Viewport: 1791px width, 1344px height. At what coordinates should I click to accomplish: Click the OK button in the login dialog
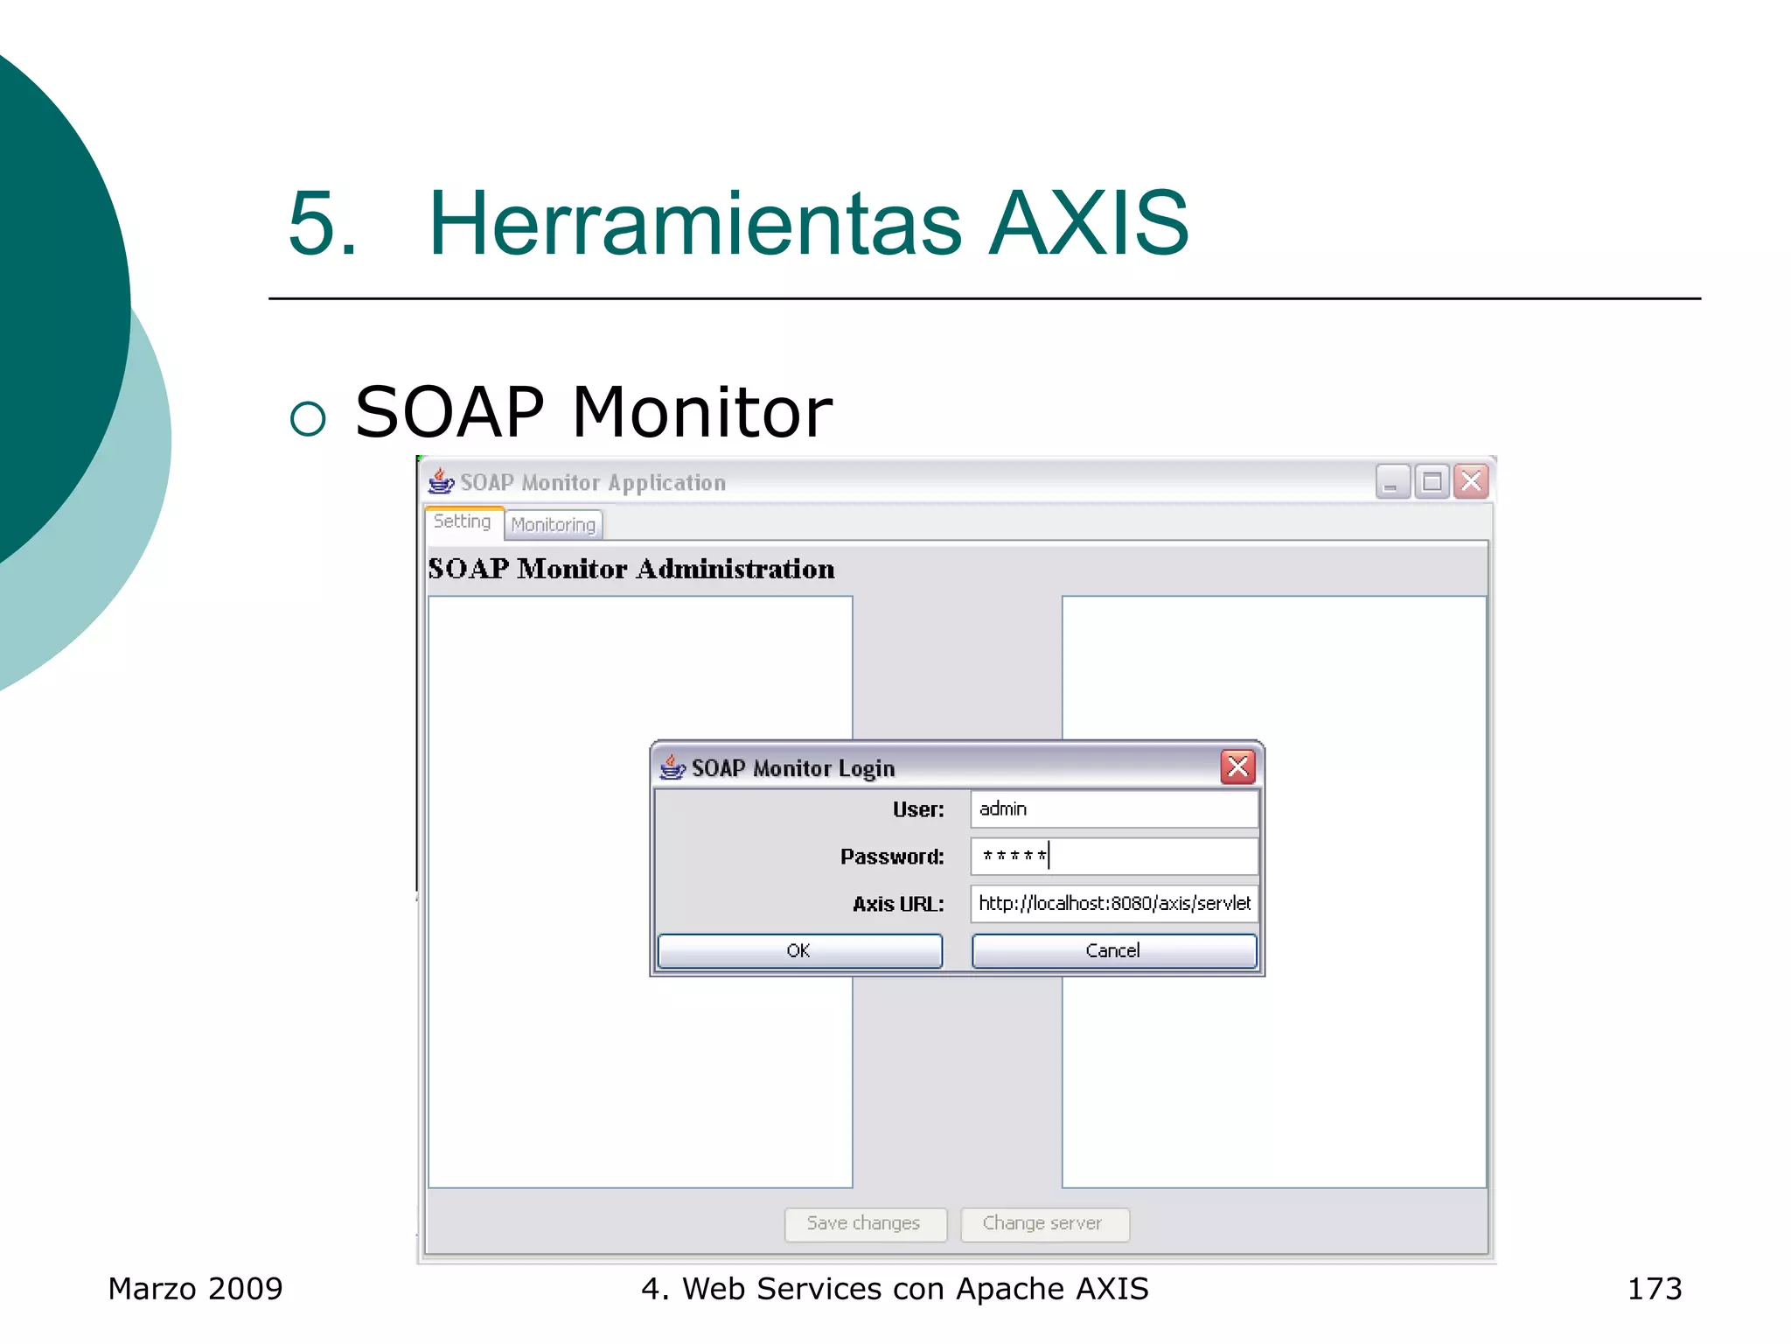[x=799, y=950]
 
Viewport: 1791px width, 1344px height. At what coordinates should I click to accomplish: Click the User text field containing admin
[x=1113, y=809]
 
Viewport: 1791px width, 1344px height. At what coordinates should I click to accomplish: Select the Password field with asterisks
[x=1113, y=857]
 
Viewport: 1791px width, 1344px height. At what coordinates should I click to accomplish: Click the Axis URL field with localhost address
[x=1113, y=904]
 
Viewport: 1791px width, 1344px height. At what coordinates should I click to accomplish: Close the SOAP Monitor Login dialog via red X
[x=1237, y=767]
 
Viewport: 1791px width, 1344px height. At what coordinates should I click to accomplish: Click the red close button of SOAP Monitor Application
[x=1472, y=481]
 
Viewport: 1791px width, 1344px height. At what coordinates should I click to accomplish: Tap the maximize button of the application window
[x=1432, y=481]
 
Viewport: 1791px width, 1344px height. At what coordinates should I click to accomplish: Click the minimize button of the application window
[x=1392, y=481]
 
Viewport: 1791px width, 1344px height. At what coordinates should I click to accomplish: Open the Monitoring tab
[x=553, y=524]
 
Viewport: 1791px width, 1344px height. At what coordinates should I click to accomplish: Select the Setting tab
[x=463, y=521]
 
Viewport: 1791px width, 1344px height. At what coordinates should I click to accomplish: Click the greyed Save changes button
[x=864, y=1223]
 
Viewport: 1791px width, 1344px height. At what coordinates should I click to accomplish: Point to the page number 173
[x=1654, y=1289]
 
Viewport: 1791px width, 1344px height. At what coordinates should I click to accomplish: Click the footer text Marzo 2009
[x=195, y=1289]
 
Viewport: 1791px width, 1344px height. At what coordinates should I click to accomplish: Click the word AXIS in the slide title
[x=1089, y=224]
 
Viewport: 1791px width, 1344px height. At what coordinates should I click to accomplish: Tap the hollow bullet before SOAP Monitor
[x=308, y=418]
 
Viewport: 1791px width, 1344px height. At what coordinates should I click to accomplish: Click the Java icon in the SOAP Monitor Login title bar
[x=672, y=767]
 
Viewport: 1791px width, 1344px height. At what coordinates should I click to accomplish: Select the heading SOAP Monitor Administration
[x=631, y=569]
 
